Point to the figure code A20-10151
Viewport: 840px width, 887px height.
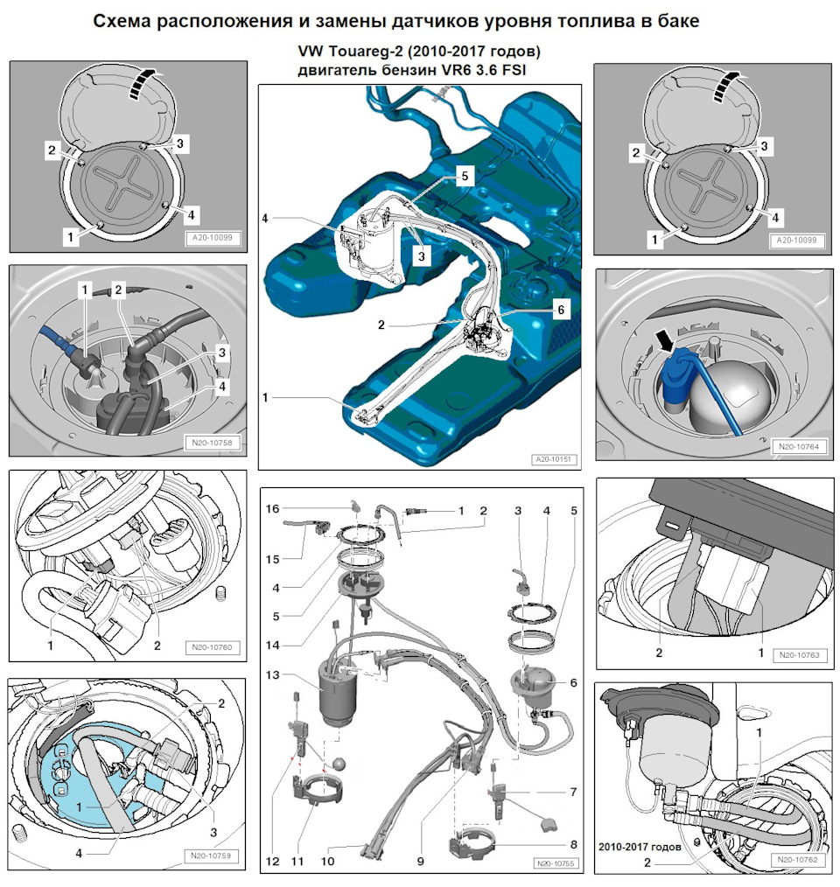(x=555, y=459)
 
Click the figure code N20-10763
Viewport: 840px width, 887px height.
(x=797, y=653)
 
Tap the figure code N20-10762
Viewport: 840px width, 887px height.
(x=797, y=860)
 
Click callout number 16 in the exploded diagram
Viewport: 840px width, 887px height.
(x=272, y=508)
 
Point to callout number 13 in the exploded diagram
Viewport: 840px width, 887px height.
(x=272, y=674)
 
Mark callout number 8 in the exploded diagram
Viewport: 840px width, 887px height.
(x=573, y=845)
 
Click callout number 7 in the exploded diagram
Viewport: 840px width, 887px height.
(x=573, y=792)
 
